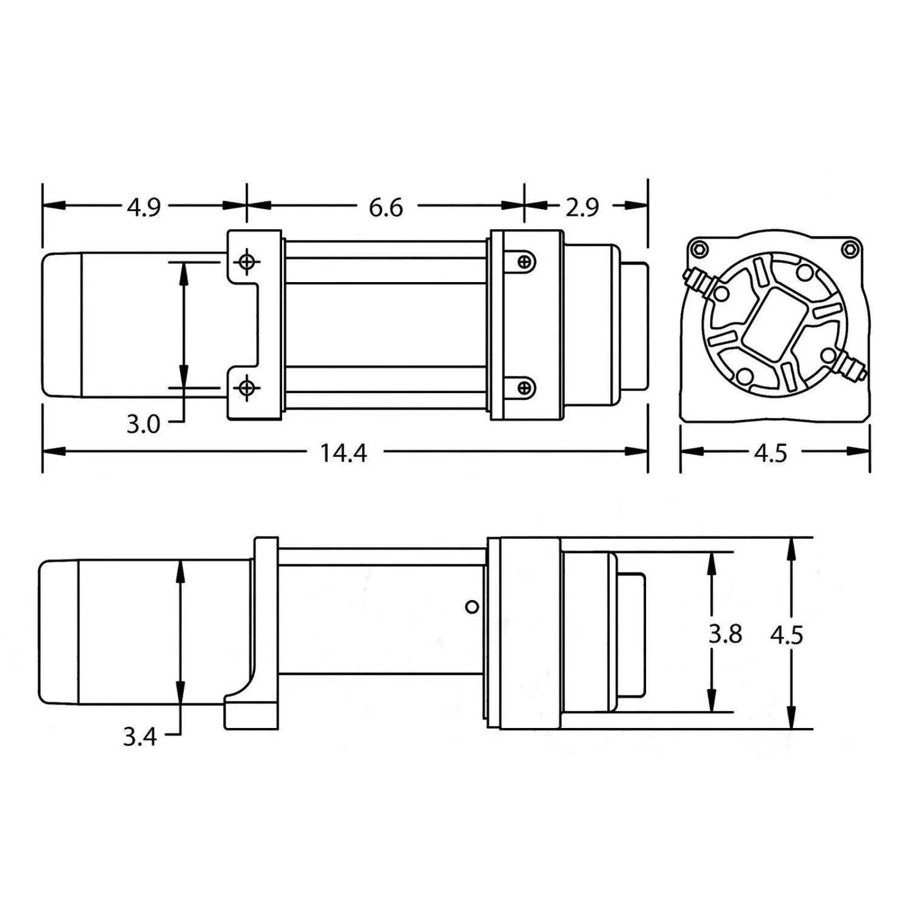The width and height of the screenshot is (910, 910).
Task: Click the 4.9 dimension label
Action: coord(144,207)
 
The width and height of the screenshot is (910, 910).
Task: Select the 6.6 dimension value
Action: coord(385,207)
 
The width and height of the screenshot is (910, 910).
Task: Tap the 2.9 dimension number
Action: coord(581,207)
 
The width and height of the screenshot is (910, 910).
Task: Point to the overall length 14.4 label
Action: coord(343,452)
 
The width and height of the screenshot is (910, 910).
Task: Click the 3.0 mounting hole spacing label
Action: coord(143,424)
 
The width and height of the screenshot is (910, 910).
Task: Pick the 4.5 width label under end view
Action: coord(771,453)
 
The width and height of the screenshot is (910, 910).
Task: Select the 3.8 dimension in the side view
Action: coord(725,634)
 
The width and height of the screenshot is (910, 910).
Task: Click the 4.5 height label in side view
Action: coord(787,635)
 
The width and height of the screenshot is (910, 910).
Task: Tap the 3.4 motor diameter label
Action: coord(139,736)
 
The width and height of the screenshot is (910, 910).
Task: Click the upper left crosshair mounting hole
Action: coord(247,261)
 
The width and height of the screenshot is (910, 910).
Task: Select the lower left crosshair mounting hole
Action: coord(247,387)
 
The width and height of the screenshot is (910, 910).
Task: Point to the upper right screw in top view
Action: coord(524,261)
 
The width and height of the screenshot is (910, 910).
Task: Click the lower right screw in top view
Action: coord(524,387)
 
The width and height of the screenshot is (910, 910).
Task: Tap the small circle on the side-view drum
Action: coord(472,607)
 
